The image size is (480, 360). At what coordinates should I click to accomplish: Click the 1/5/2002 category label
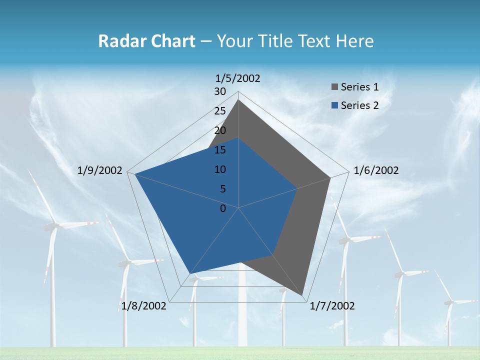click(237, 78)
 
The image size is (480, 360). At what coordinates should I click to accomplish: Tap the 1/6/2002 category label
click(376, 170)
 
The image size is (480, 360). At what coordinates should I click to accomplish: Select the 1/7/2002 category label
click(332, 306)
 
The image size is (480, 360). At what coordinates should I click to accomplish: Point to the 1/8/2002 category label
click(143, 306)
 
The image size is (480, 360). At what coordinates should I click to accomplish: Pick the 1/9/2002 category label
click(99, 170)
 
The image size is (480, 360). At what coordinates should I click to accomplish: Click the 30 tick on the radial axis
click(220, 91)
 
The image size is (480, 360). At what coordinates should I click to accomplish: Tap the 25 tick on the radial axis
click(220, 111)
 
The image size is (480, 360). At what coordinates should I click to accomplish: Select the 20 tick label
click(220, 130)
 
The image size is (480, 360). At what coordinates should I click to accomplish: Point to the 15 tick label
click(220, 150)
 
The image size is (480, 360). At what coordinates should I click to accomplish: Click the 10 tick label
click(220, 169)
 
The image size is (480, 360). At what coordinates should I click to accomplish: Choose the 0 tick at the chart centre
click(223, 208)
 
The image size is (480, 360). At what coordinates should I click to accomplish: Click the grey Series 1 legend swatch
click(334, 87)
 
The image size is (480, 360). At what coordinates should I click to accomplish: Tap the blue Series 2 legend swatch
click(334, 105)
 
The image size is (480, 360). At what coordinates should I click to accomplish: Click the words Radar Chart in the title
click(146, 41)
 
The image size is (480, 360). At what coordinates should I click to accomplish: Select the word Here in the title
click(354, 41)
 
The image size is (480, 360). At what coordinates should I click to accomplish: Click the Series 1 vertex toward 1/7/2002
click(304, 297)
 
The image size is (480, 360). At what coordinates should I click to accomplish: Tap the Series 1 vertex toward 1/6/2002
click(330, 177)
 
